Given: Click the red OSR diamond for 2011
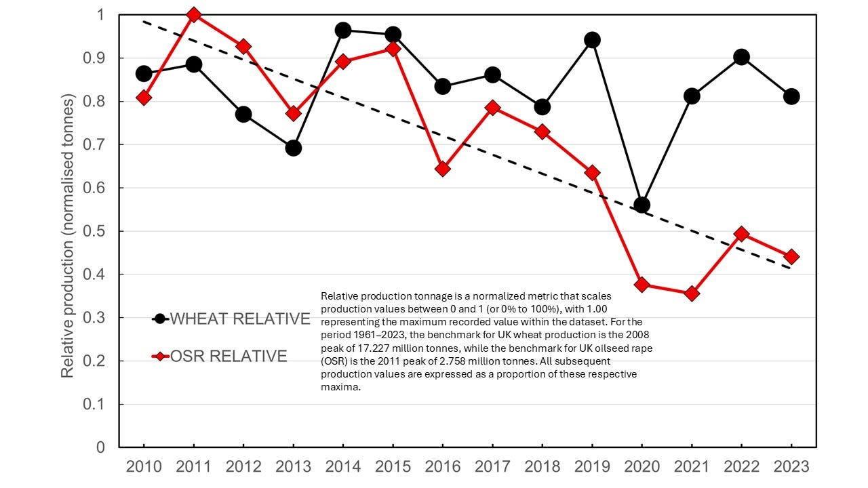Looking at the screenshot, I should click(194, 14).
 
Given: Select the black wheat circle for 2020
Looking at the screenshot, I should click(642, 205).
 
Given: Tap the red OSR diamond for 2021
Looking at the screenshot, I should click(692, 293).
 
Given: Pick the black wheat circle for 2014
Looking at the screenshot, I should click(343, 30).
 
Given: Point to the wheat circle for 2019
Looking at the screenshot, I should click(592, 40).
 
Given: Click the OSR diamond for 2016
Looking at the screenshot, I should click(443, 168).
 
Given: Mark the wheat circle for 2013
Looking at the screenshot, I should click(294, 148).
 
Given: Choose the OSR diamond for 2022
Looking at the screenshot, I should click(741, 234).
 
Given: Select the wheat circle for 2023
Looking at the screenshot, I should click(791, 97).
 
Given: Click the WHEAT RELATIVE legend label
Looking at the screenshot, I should click(240, 319).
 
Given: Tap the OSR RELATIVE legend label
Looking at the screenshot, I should click(229, 356).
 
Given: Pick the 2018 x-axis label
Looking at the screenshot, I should click(542, 467).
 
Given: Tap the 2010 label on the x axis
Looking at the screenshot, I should click(144, 467).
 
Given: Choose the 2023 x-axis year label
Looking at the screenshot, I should click(791, 467).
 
